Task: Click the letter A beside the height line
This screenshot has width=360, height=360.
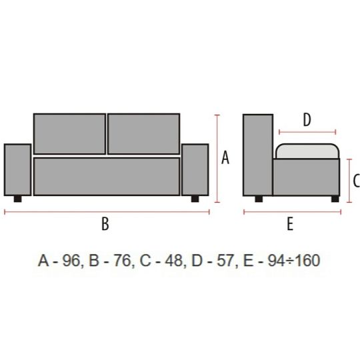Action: (x=225, y=157)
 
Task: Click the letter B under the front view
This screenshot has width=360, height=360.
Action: (x=105, y=223)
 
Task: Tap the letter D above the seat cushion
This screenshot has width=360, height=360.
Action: (x=307, y=119)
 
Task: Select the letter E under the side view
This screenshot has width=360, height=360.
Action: (x=290, y=223)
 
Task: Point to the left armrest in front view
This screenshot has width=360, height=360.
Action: (x=18, y=170)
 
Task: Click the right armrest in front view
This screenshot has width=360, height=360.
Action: (x=195, y=170)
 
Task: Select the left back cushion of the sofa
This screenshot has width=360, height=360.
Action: (x=69, y=133)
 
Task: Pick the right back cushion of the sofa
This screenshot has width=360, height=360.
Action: (x=144, y=133)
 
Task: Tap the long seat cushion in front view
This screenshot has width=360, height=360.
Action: (x=107, y=176)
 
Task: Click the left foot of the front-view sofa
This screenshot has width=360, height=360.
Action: (x=18, y=199)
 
